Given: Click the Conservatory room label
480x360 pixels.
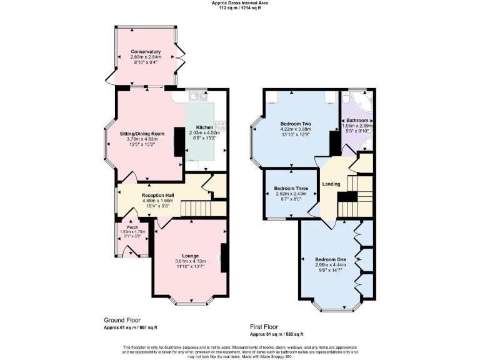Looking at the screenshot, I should point(146,51).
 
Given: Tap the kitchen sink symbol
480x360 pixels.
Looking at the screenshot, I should point(199,96).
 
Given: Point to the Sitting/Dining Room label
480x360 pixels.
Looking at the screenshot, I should point(142,133).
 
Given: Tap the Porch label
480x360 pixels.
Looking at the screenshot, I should point(132,227).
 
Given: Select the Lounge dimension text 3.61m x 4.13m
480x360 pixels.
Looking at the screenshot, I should point(190,261).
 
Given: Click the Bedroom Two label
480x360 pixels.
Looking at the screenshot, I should point(296,124).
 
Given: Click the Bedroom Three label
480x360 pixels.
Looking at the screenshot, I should point(291,187).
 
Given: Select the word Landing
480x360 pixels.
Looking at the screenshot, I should point(331,184).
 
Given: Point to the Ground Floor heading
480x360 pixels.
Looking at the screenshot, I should point(122,319).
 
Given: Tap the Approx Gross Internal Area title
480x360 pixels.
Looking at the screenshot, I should point(239,3).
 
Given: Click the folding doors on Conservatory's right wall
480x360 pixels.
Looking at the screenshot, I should point(181,57).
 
